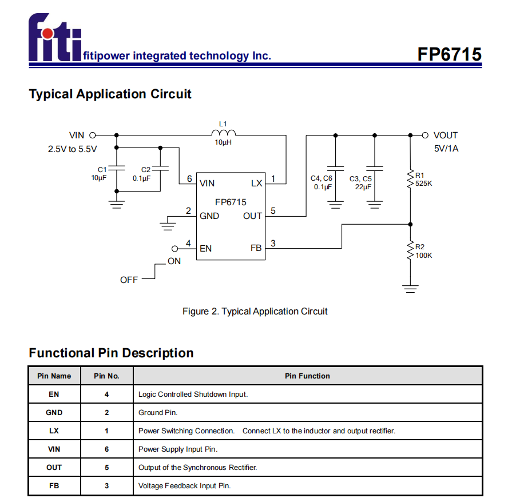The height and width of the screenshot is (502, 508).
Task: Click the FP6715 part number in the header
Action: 449,54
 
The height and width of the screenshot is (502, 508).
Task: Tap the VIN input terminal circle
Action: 92,136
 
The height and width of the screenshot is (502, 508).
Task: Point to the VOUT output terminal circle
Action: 424,136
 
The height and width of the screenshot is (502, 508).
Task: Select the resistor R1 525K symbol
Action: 410,179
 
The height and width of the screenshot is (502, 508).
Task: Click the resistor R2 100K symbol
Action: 410,250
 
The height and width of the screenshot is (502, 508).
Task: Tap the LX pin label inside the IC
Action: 256,184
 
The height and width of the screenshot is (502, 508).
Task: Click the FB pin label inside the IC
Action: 256,249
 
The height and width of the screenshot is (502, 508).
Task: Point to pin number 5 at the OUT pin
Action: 273,210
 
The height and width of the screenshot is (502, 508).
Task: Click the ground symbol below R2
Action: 410,288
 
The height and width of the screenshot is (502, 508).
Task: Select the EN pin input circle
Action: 176,249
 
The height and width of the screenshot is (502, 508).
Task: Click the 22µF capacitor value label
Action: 363,187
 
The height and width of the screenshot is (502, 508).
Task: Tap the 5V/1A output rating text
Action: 446,149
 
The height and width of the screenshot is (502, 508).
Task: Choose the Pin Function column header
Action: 307,376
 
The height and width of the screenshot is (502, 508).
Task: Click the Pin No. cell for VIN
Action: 106,449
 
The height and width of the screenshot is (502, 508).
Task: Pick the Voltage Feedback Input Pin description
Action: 184,485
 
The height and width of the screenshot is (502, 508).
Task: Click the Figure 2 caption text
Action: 255,312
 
